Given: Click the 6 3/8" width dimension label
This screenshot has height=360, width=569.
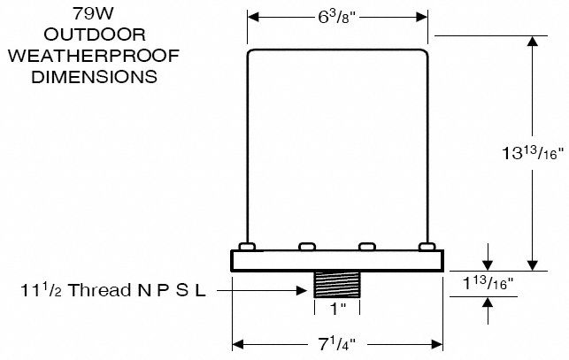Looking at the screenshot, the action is point(336,18).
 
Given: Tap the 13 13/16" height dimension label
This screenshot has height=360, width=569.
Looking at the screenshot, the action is point(533,153).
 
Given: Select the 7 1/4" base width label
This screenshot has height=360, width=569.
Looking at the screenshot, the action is point(337,344).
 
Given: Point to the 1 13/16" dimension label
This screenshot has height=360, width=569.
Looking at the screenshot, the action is point(488,283).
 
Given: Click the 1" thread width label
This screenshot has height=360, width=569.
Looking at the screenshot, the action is point(337,310).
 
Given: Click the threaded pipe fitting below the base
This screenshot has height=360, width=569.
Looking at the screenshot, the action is point(337,285).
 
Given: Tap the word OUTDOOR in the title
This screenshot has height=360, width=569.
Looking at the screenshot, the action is point(95,34).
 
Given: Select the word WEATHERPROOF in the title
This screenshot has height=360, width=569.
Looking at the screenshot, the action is point(94,56).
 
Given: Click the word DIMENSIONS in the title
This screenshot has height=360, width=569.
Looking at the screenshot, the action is point(95,77).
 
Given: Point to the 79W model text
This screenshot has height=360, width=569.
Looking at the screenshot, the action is point(93,14).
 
